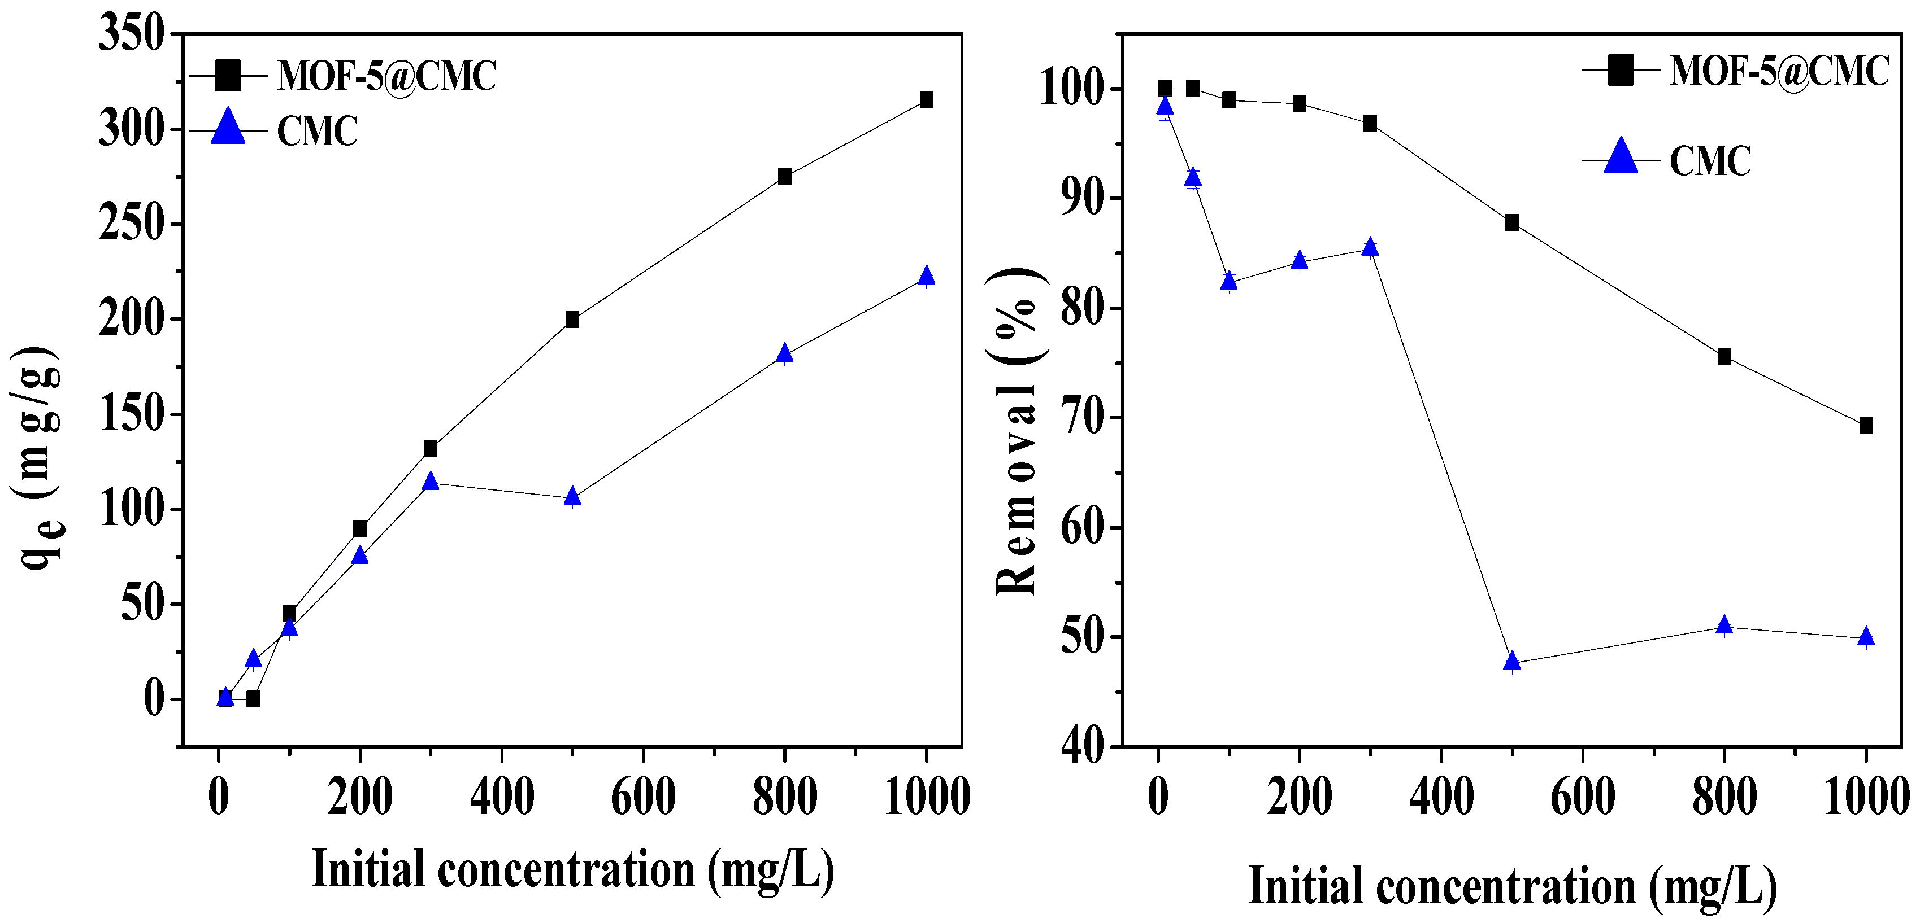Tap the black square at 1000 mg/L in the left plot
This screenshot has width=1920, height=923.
pos(926,100)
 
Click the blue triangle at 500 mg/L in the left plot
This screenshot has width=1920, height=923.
pos(572,496)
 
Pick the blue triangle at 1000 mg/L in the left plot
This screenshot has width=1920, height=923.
pos(926,275)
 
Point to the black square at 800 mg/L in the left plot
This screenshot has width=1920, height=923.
pos(784,177)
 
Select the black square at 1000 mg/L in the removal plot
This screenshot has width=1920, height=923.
pos(1866,425)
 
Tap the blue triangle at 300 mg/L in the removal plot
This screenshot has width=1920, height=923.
pos(1369,247)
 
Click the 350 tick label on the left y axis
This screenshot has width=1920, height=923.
pos(131,34)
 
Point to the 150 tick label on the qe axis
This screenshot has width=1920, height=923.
pos(131,414)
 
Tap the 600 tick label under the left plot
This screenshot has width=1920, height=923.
pos(642,797)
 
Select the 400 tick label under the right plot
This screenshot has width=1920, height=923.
pos(1441,797)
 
